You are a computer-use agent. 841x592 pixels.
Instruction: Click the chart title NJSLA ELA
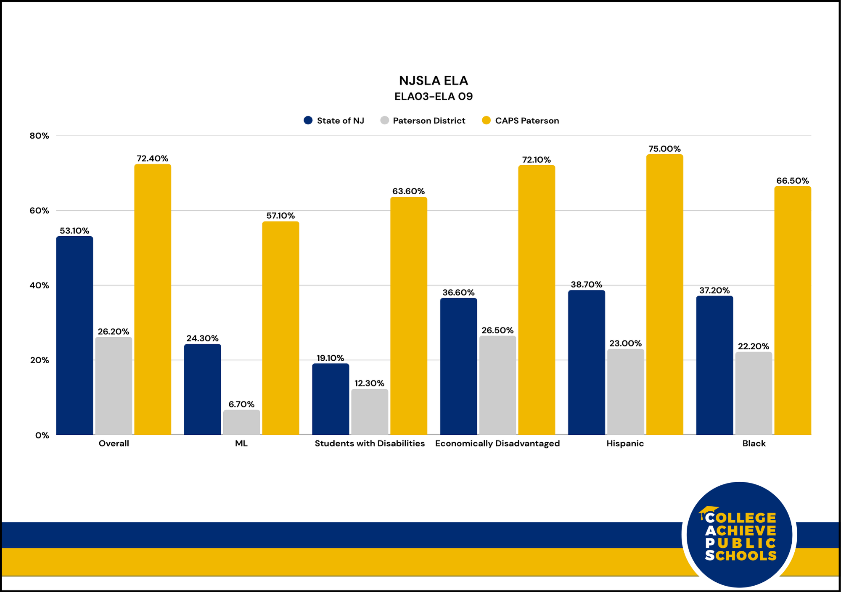coord(433,80)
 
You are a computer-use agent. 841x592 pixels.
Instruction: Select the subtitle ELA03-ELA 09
coord(434,96)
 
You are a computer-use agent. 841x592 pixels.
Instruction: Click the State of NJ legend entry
coord(334,121)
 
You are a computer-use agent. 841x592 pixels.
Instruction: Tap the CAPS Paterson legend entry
coord(521,121)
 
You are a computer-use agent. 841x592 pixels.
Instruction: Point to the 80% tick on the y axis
coord(39,136)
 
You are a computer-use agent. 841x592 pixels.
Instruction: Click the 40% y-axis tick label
coord(39,285)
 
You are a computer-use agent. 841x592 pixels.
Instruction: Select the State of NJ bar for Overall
coord(74,336)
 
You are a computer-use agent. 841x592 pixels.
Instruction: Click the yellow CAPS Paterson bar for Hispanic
coord(664,294)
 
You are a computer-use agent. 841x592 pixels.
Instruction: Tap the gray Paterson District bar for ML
coord(241,422)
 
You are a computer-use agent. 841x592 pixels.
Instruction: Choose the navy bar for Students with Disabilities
coord(331,399)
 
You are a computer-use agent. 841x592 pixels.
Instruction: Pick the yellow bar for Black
coord(793,311)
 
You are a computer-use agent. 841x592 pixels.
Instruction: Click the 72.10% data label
coord(536,160)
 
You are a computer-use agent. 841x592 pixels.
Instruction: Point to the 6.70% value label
coord(241,404)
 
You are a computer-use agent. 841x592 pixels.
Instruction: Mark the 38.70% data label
coord(586,285)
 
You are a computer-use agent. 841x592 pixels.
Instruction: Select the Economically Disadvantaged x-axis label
coord(497,444)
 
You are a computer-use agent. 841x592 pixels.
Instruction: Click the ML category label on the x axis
coord(241,444)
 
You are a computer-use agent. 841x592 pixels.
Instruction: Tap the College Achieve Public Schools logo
coord(739,535)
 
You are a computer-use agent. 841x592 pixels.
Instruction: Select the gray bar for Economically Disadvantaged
coord(497,385)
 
